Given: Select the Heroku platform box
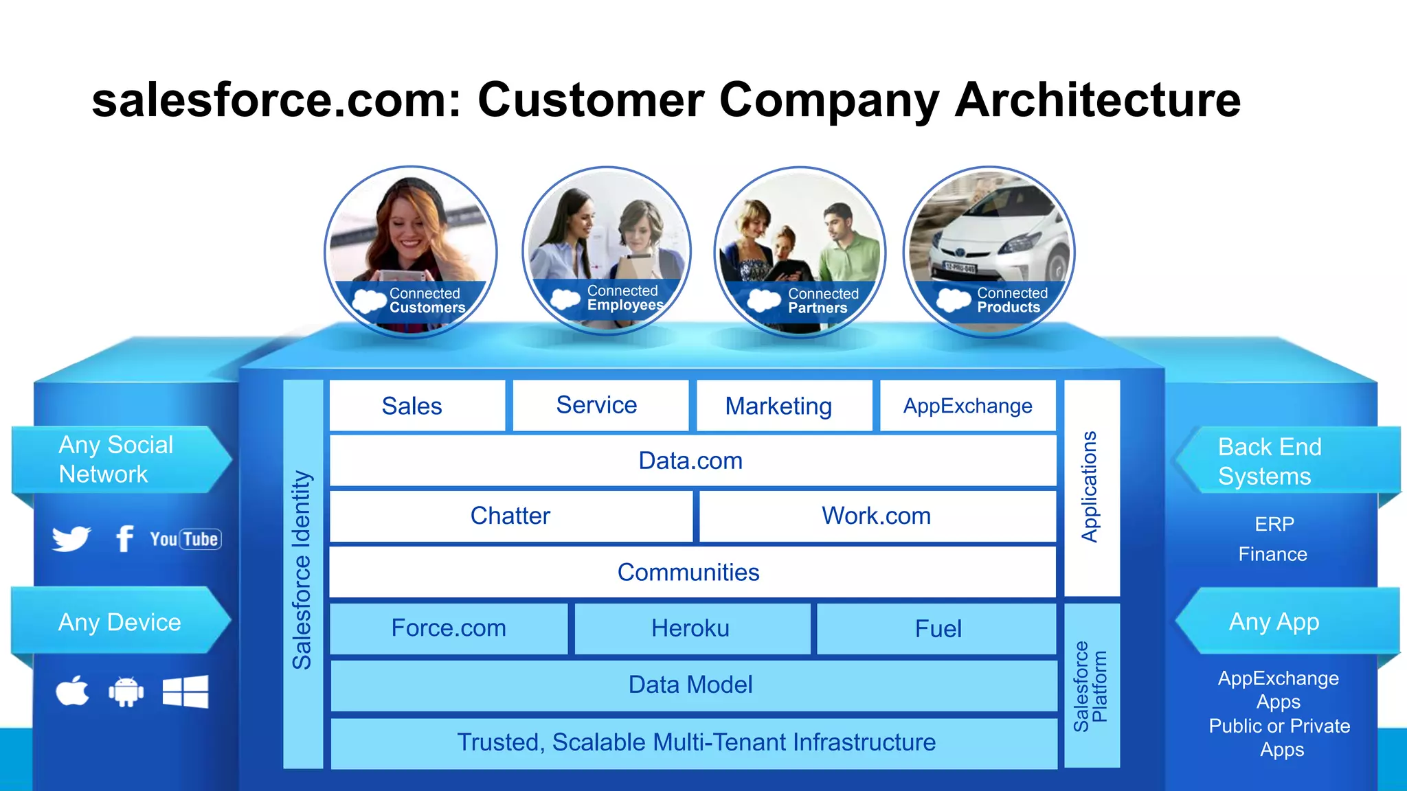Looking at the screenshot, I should tap(691, 628).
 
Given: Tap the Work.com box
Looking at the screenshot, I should tap(877, 516).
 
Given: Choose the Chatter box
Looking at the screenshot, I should tap(510, 516).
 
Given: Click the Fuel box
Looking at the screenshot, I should tap(937, 628).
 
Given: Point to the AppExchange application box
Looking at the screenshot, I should tap(967, 406).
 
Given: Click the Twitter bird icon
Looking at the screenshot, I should tap(71, 538).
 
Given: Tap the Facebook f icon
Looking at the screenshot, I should tap(124, 538).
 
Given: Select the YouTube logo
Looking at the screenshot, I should tap(185, 539).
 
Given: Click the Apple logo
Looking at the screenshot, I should tap(72, 691).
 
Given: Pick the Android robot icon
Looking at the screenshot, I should tap(126, 692).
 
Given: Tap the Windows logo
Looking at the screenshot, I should tap(185, 691).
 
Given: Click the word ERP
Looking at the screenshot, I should tap(1274, 524).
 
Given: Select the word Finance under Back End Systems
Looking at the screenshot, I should tap(1272, 554).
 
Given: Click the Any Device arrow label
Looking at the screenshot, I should tap(120, 622).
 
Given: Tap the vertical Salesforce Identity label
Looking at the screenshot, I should tap(302, 570).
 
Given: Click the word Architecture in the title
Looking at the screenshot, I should tap(1097, 100).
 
